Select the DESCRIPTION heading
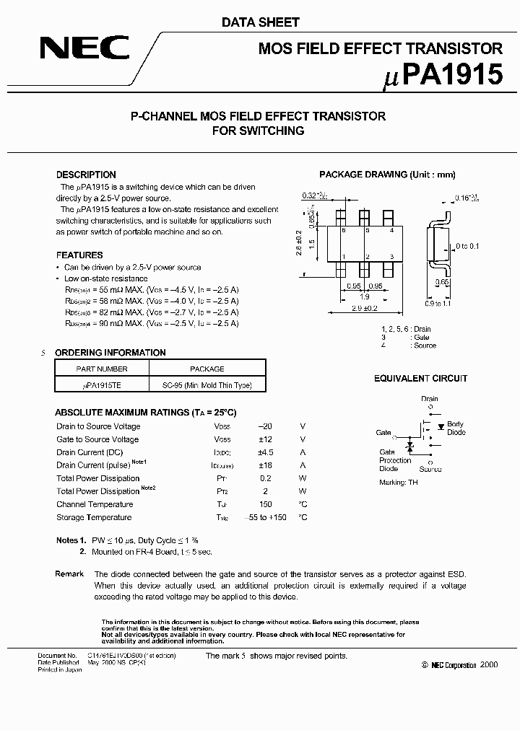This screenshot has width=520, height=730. click(86, 175)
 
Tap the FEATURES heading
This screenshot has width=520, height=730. click(79, 255)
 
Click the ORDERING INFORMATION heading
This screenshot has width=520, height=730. click(110, 353)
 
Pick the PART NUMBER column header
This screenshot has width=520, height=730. click(101, 369)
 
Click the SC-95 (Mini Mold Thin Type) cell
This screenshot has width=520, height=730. click(207, 385)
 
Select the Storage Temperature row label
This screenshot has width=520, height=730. click(94, 517)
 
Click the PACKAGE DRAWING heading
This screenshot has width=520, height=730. click(387, 175)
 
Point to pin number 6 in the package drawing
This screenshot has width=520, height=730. click(344, 230)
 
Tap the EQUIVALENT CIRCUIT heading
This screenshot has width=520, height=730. click(420, 379)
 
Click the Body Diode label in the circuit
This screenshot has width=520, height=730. click(456, 428)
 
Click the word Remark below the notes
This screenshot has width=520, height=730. click(69, 573)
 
